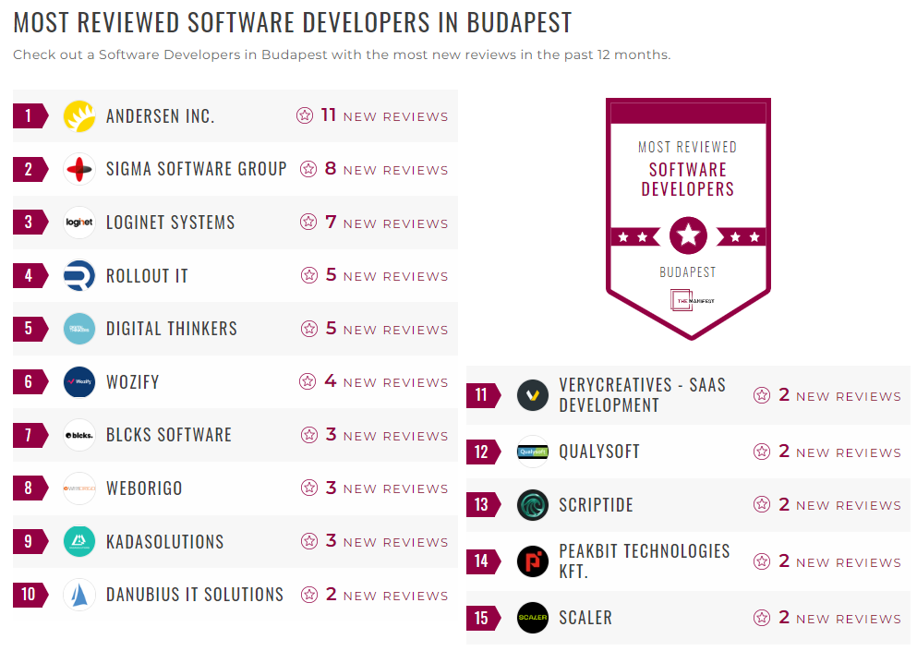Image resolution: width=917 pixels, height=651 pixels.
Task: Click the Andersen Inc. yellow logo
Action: [x=79, y=116]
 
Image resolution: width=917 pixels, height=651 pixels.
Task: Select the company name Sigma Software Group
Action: [x=196, y=169]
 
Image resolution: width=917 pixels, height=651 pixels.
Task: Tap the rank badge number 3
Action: [x=30, y=223]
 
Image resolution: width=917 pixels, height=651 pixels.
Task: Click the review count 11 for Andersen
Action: [x=329, y=115]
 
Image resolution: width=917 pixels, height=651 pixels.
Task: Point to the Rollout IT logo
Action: [x=79, y=276]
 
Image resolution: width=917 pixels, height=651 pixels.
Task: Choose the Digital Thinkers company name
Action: [x=171, y=329]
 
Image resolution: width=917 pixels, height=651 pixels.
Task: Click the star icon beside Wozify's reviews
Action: [x=308, y=381]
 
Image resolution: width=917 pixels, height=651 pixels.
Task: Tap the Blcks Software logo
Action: [x=79, y=435]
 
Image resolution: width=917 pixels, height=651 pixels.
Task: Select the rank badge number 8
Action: [x=30, y=488]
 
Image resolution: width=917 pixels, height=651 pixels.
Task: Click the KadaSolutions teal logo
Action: [x=79, y=542]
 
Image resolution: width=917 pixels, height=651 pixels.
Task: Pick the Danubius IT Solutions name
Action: [x=194, y=595]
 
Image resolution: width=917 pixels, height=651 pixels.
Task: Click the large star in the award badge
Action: [x=688, y=235]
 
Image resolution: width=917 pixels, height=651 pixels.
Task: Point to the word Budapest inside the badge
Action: [x=688, y=272]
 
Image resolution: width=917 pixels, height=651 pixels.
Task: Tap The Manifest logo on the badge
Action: [x=688, y=301]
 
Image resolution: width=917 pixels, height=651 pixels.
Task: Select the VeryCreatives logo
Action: [x=533, y=395]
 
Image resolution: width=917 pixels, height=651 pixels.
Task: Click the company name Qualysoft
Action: [x=598, y=452]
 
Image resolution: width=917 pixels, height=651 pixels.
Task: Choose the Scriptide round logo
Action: [x=533, y=505]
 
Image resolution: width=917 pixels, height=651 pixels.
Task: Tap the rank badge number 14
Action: [x=482, y=561]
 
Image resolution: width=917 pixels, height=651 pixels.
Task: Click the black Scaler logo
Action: [x=533, y=618]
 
